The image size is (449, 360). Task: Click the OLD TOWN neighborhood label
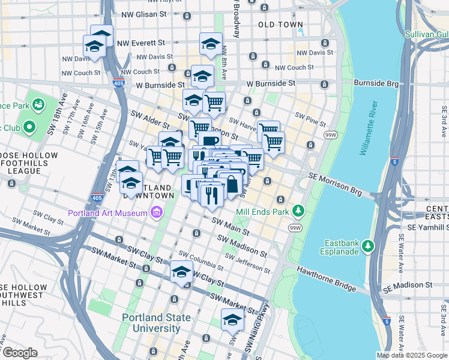pos(280,25)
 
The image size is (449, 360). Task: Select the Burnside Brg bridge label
pos(375,83)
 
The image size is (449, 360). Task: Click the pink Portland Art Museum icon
pos(157,212)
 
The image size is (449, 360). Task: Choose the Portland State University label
pos(156,323)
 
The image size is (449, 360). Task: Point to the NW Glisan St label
pos(145,14)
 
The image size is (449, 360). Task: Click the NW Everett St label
pos(141,43)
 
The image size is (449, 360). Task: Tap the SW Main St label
pos(230,226)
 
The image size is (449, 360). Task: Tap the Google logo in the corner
pos(19,353)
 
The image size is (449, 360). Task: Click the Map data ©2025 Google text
pos(412,355)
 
